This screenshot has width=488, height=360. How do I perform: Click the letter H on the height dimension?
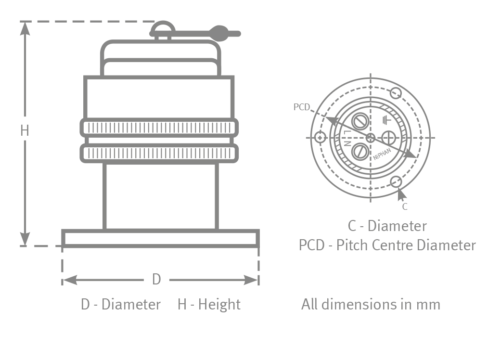pyautogui.click(x=25, y=130)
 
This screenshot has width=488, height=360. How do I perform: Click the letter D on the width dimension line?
pyautogui.click(x=156, y=279)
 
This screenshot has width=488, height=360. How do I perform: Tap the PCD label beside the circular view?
pyautogui.click(x=301, y=107)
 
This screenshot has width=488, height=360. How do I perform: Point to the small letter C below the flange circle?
pyautogui.click(x=405, y=207)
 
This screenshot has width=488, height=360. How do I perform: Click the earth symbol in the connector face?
pyautogui.click(x=385, y=120)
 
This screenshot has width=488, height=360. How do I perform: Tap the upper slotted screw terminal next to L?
pyautogui.click(x=360, y=122)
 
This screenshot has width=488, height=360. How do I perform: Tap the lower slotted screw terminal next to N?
pyautogui.click(x=360, y=152)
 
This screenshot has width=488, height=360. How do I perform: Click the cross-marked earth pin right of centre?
pyautogui.click(x=388, y=138)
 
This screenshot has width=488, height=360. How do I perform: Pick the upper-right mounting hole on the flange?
pyautogui.click(x=396, y=93)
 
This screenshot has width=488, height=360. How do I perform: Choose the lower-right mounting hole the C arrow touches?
pyautogui.click(x=396, y=182)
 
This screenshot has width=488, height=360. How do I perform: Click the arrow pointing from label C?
pyautogui.click(x=401, y=195)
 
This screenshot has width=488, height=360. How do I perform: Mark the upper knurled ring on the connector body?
pyautogui.click(x=159, y=127)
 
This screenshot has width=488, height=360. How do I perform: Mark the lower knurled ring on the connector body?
pyautogui.click(x=159, y=153)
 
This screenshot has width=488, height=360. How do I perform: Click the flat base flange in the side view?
pyautogui.click(x=161, y=239)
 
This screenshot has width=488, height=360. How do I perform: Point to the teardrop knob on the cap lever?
pyautogui.click(x=220, y=33)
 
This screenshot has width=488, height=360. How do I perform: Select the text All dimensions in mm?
pyautogui.click(x=371, y=304)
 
